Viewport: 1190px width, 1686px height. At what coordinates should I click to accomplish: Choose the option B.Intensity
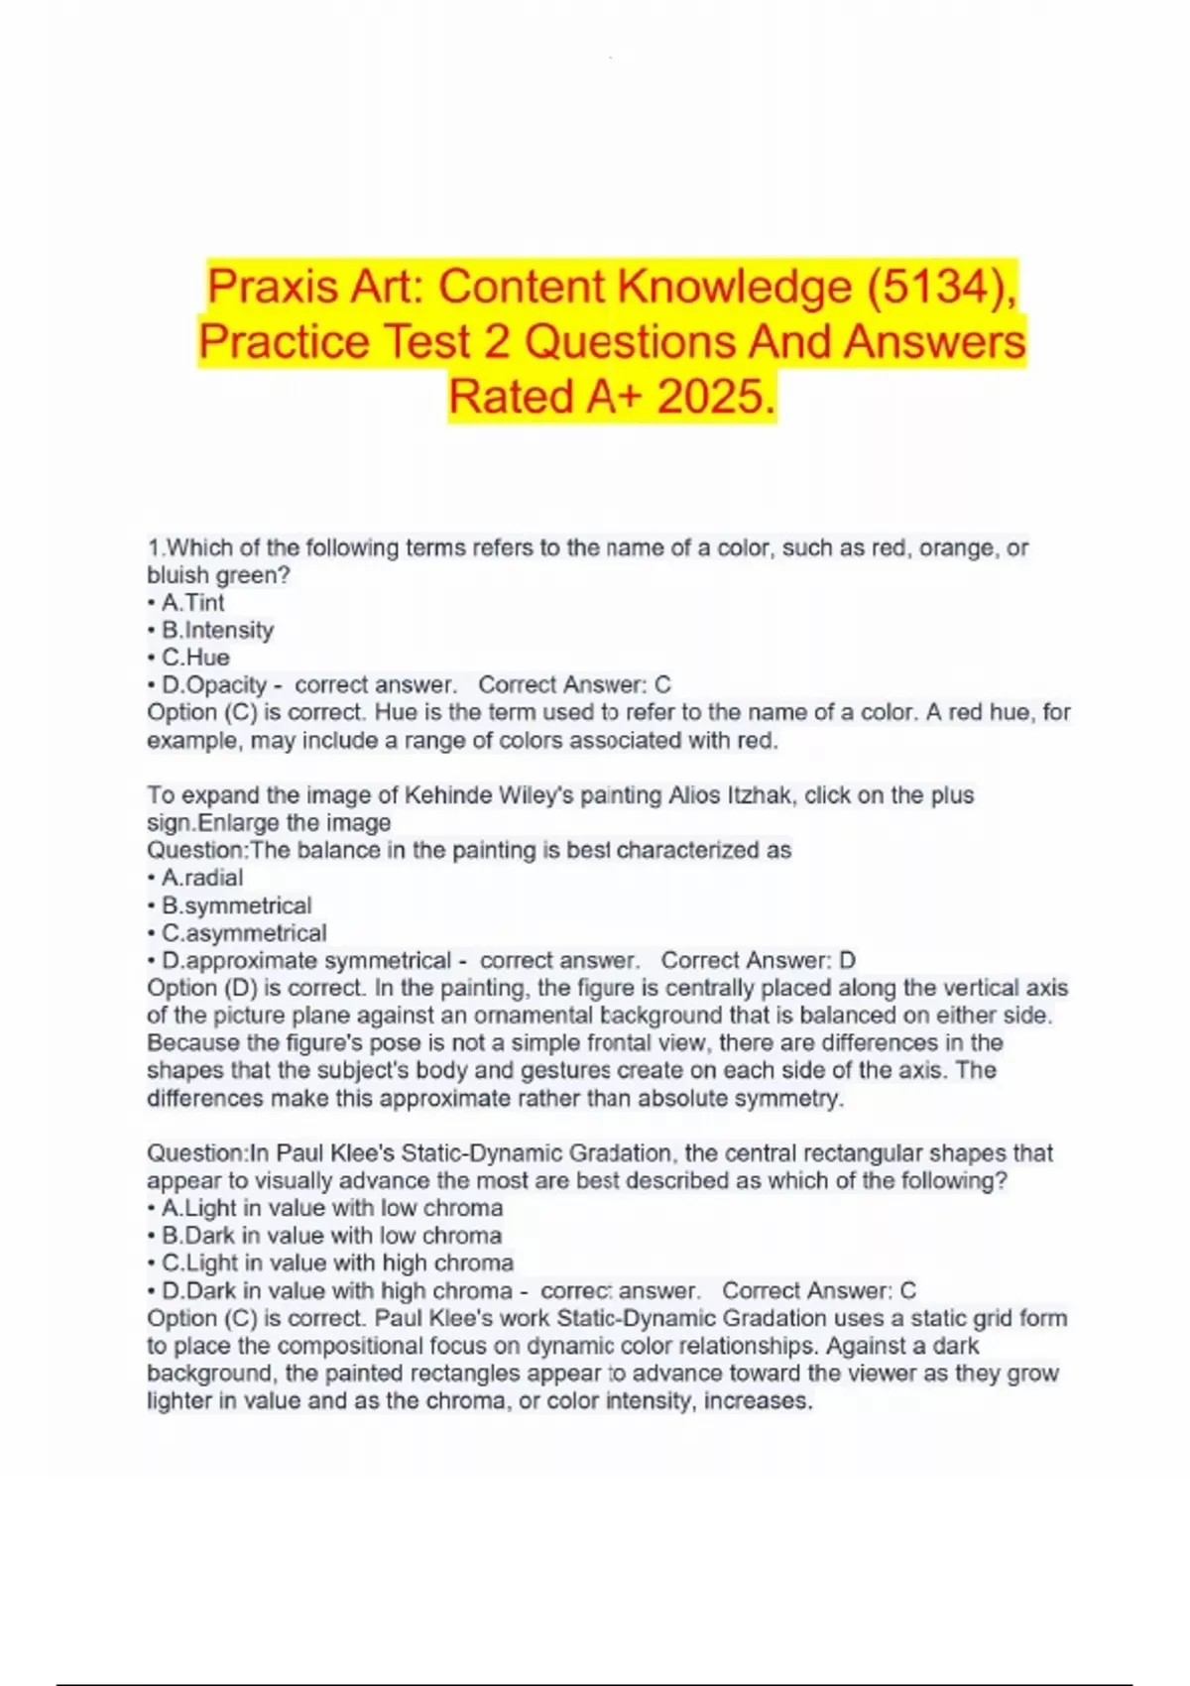217,630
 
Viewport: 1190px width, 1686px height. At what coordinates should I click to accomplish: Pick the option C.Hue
195,658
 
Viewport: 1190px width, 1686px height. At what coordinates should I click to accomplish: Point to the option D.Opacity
214,685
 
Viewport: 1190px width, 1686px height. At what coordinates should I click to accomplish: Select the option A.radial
202,878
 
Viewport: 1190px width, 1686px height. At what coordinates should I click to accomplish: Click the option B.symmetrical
236,905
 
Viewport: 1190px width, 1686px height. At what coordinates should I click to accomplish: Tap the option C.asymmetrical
244,933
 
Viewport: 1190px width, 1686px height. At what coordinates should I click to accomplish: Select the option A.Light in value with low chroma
332,1208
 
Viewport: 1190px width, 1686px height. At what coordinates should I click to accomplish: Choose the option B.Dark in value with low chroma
331,1236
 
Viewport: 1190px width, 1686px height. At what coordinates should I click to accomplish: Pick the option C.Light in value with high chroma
337,1264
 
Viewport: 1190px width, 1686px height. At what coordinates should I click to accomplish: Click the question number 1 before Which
153,547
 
